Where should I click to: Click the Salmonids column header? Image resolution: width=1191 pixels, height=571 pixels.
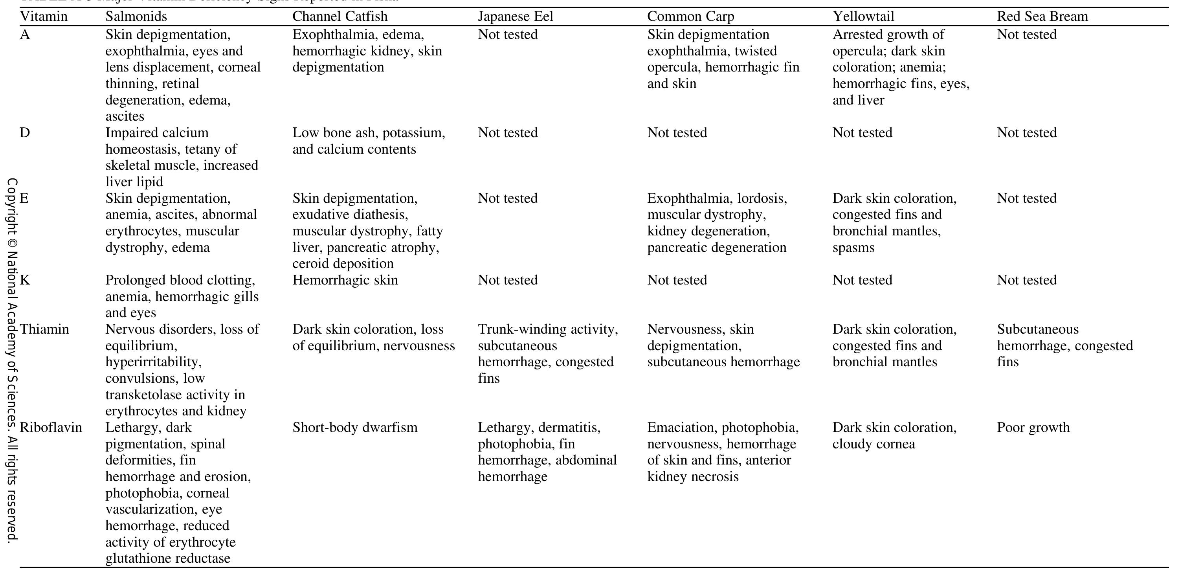point(136,17)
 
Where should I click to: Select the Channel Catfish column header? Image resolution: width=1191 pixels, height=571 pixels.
point(340,17)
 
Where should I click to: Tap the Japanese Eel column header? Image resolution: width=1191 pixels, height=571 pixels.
point(515,17)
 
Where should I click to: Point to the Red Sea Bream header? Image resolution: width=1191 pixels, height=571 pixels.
point(1042,17)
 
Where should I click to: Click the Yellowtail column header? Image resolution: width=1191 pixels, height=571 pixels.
point(863,17)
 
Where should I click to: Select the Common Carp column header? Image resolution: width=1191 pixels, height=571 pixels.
point(690,17)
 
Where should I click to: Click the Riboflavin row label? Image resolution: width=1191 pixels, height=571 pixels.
point(51,427)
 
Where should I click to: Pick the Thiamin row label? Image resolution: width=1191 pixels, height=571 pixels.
point(44,329)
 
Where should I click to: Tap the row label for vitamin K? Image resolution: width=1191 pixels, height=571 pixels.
point(25,280)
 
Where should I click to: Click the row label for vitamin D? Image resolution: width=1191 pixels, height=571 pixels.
point(25,133)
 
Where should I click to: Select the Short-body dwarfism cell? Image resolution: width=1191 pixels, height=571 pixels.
point(354,427)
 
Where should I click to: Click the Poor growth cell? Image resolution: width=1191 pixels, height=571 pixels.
point(1033,427)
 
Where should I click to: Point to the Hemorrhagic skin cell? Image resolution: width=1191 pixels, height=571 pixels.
point(345,280)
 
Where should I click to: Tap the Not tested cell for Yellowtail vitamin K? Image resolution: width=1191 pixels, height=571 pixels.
point(862,280)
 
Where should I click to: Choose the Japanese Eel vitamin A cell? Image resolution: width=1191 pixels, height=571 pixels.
point(508,35)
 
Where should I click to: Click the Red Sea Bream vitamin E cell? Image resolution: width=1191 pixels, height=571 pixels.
point(1026,198)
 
